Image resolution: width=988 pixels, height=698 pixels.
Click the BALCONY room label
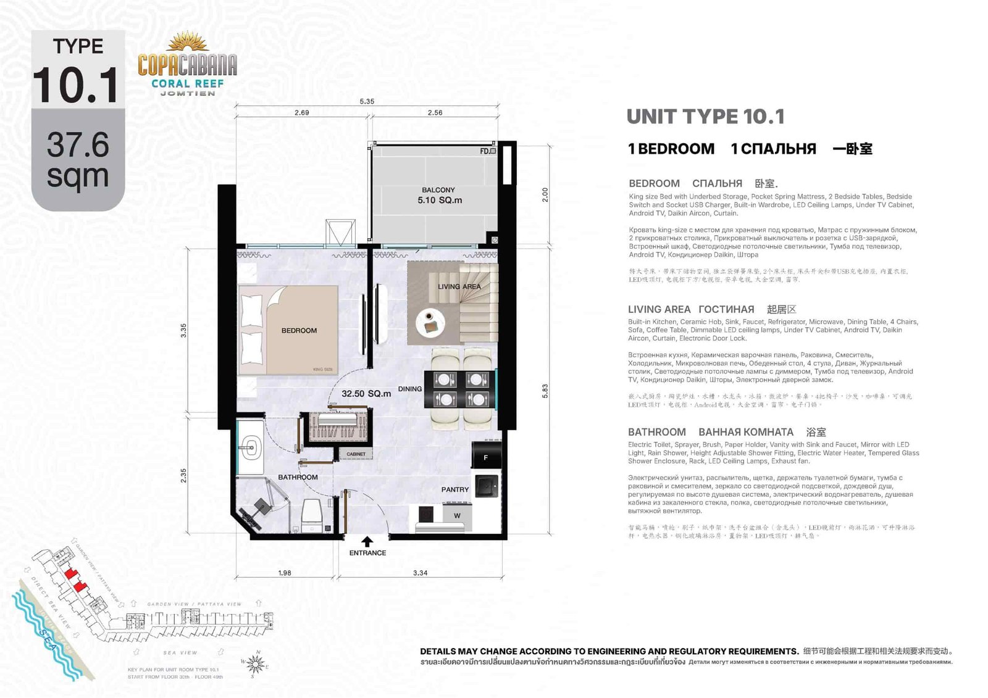(438, 190)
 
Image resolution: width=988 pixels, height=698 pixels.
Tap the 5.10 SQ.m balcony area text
(439, 200)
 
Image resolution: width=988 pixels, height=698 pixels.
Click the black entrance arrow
(367, 541)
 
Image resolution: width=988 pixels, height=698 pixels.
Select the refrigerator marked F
(486, 457)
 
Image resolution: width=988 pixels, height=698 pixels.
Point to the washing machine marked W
(457, 515)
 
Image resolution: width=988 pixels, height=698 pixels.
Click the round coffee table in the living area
(430, 323)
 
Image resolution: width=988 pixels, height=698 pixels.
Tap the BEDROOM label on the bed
(299, 331)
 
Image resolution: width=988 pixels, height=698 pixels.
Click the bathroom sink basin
(250, 448)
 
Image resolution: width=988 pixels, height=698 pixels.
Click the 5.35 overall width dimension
(367, 101)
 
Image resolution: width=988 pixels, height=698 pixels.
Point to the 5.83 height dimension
(545, 391)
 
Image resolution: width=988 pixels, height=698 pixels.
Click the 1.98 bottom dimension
(284, 573)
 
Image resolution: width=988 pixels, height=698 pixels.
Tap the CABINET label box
(356, 454)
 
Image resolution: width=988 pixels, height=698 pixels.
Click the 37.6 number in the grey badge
(78, 145)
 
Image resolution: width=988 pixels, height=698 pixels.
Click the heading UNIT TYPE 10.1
(705, 117)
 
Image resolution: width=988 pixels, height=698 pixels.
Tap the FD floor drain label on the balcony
(487, 151)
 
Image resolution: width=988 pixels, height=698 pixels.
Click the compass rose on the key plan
(256, 664)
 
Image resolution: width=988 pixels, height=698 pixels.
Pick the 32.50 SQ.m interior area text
(366, 393)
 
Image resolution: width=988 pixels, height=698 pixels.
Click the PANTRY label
(454, 489)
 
